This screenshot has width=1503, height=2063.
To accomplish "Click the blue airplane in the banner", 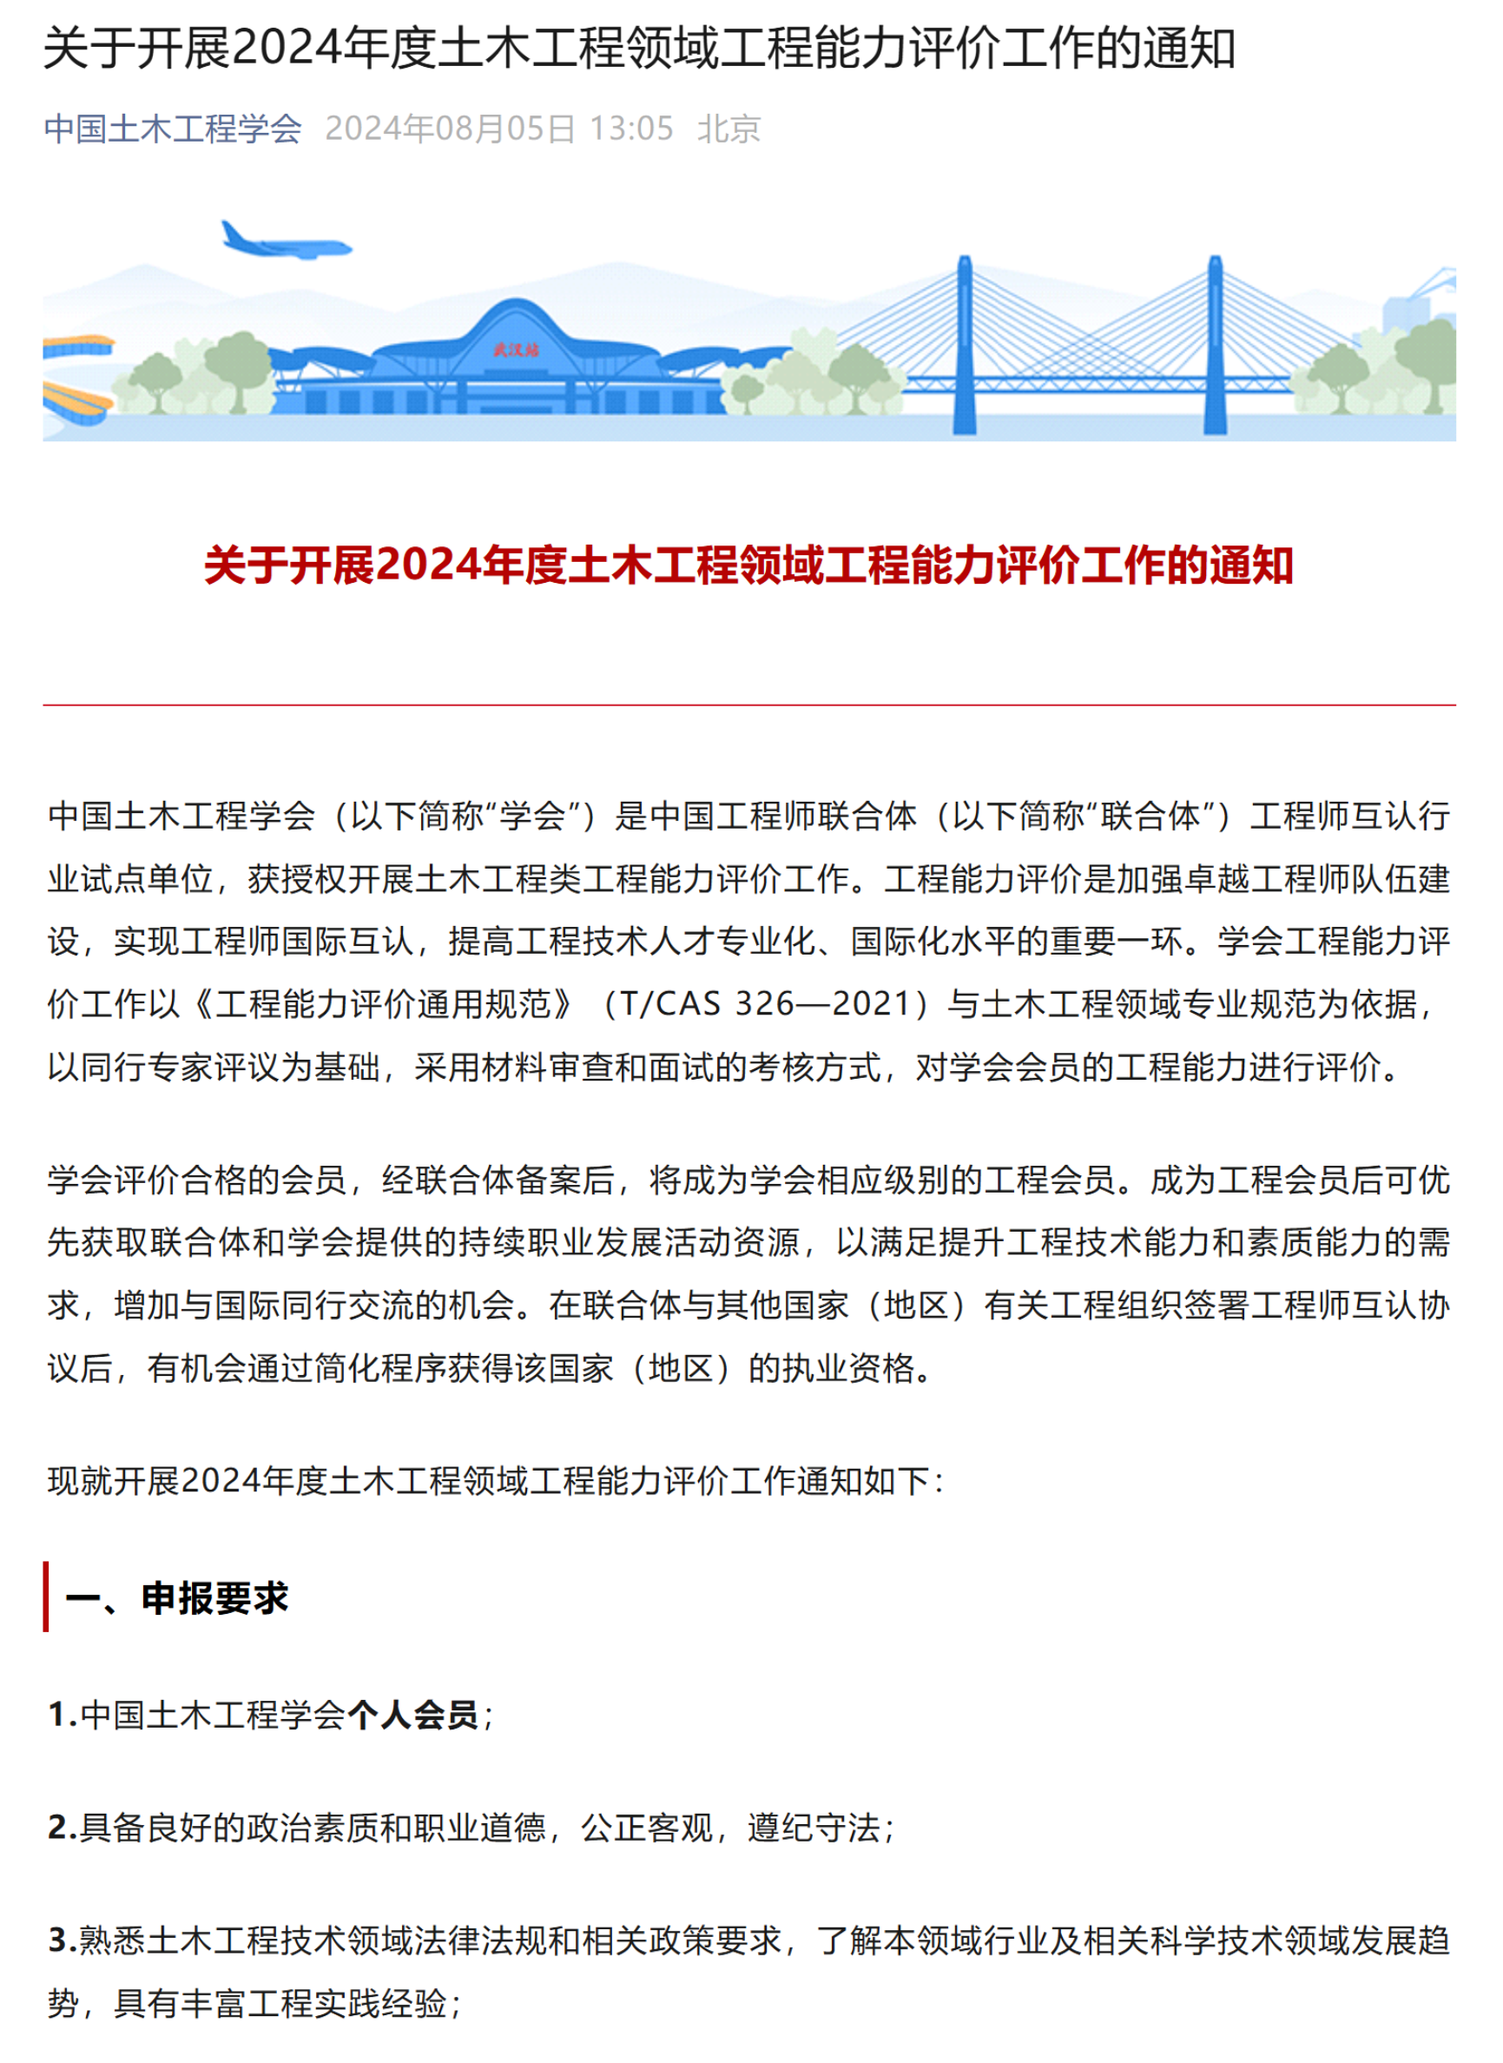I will (284, 242).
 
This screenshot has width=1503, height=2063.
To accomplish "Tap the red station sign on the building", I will (516, 350).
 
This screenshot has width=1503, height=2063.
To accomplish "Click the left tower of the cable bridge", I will (965, 346).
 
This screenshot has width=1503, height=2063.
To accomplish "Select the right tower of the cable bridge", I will (1215, 346).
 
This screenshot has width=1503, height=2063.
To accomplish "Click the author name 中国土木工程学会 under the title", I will (173, 129).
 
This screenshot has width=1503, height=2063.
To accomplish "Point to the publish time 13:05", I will (631, 129).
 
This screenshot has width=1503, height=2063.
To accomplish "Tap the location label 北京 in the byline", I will (728, 129).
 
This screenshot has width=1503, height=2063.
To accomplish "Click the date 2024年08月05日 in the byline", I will (451, 129).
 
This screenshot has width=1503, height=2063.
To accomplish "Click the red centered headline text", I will (748, 565).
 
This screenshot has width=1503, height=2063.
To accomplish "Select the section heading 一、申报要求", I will (176, 1598).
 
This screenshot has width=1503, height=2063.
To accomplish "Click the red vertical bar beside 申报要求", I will (45, 1597).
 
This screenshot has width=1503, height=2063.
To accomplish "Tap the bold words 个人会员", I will (412, 1715).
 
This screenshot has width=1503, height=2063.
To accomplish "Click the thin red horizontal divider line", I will (748, 704).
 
